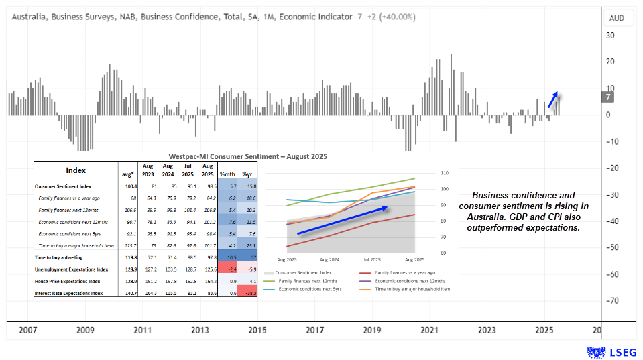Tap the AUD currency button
(617, 18)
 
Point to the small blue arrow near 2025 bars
(552, 99)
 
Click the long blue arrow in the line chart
(342, 221)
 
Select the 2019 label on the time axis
(371, 330)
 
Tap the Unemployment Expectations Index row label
(71, 269)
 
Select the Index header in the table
(75, 170)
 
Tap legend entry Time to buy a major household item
(412, 289)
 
